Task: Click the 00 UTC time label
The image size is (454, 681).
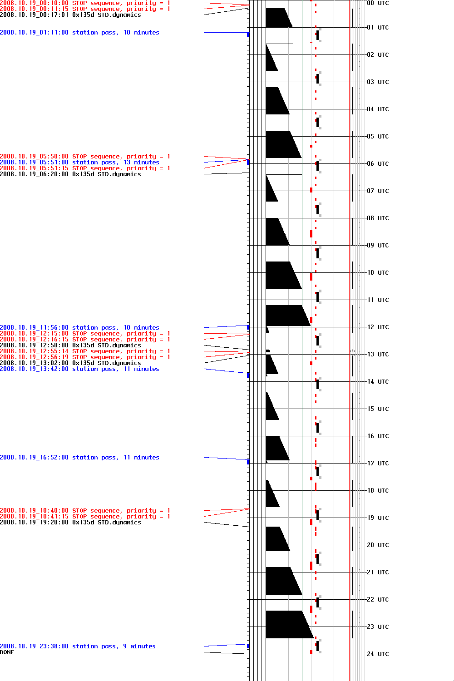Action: pyautogui.click(x=378, y=3)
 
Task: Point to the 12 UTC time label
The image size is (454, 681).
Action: pyautogui.click(x=378, y=327)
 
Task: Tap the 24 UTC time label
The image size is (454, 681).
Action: pyautogui.click(x=378, y=654)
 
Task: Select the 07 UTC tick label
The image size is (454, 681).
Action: pyautogui.click(x=378, y=191)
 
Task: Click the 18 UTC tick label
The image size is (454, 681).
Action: pyautogui.click(x=378, y=490)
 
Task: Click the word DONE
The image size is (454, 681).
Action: pyautogui.click(x=7, y=652)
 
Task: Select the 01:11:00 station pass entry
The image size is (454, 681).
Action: pyautogui.click(x=79, y=33)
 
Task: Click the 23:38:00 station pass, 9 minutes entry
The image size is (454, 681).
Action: pyautogui.click(x=78, y=646)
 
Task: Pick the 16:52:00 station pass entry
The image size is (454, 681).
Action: pyautogui.click(x=79, y=458)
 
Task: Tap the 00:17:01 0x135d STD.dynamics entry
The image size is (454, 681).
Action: pyautogui.click(x=70, y=15)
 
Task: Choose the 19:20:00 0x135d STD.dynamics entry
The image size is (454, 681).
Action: pyautogui.click(x=70, y=523)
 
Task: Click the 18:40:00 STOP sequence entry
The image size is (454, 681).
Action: pyautogui.click(x=85, y=511)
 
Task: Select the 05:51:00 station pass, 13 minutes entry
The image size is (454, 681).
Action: pyautogui.click(x=79, y=163)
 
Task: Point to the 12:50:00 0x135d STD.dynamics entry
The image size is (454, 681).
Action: pyautogui.click(x=70, y=345)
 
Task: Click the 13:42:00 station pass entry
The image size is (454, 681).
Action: pyautogui.click(x=79, y=369)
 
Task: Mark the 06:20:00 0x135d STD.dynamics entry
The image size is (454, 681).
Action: pyautogui.click(x=70, y=174)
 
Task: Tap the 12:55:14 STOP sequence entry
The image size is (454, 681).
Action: pyautogui.click(x=85, y=351)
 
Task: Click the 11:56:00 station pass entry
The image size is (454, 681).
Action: pyautogui.click(x=79, y=328)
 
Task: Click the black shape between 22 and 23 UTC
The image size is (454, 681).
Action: pyautogui.click(x=286, y=624)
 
